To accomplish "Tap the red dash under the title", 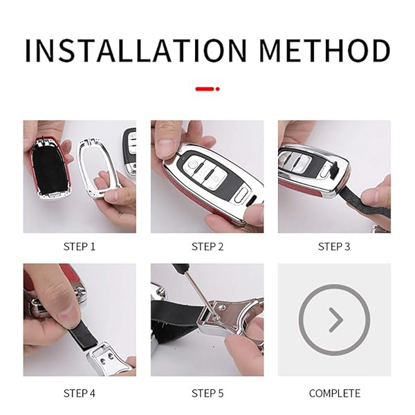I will click(207, 89).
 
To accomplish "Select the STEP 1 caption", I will click(80, 246).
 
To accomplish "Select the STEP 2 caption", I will click(207, 246).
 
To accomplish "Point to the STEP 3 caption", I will click(334, 246).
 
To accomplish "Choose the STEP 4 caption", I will click(80, 393).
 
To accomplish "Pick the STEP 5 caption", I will click(207, 393).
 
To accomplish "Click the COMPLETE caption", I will click(334, 393).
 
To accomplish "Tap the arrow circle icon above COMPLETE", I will click(334, 320).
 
